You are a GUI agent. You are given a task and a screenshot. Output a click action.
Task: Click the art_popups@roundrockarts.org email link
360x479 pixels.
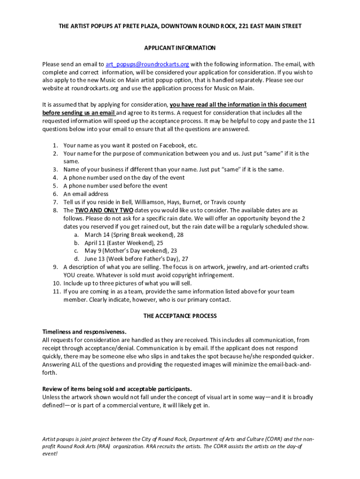pyautogui.click(x=147, y=64)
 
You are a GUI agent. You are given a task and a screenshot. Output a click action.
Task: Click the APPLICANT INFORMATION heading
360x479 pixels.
pyautogui.click(x=180, y=48)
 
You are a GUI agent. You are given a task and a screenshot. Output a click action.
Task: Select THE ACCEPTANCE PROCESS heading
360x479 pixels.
pyautogui.click(x=180, y=316)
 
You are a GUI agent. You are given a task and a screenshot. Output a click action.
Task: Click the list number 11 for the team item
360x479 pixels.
pyautogui.click(x=57, y=291)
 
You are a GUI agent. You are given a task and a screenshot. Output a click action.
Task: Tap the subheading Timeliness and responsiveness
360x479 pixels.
pyautogui.click(x=85, y=332)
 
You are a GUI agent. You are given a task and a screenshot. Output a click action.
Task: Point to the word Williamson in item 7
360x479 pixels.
pyautogui.click(x=150, y=202)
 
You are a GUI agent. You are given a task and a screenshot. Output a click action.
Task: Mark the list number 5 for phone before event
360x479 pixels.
pyautogui.click(x=55, y=186)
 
